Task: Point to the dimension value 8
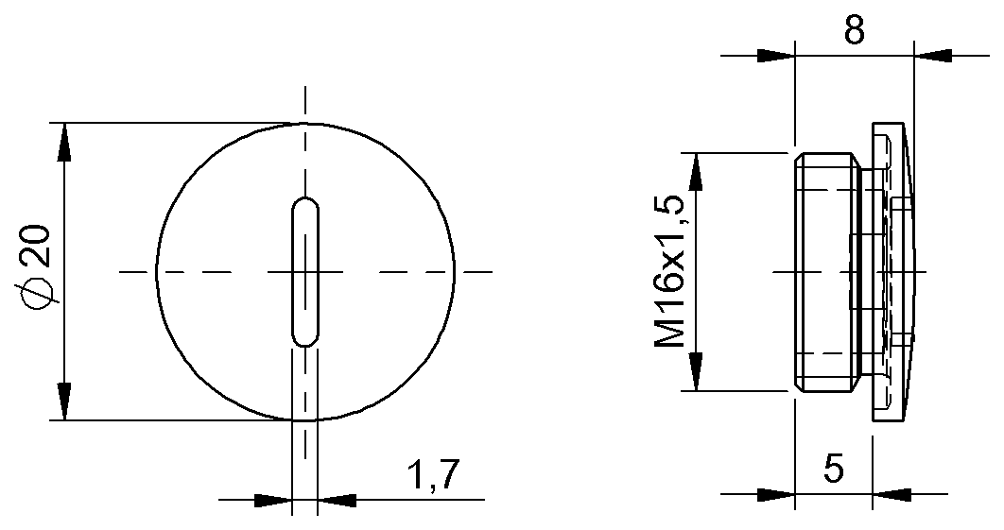(x=854, y=30)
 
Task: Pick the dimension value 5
(x=833, y=469)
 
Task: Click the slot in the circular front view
(x=304, y=272)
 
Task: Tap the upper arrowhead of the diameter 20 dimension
(x=63, y=142)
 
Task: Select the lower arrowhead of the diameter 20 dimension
(x=63, y=401)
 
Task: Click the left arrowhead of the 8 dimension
(x=775, y=56)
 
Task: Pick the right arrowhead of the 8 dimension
(x=934, y=56)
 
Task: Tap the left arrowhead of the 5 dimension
(x=775, y=493)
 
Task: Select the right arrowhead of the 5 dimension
(x=893, y=493)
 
